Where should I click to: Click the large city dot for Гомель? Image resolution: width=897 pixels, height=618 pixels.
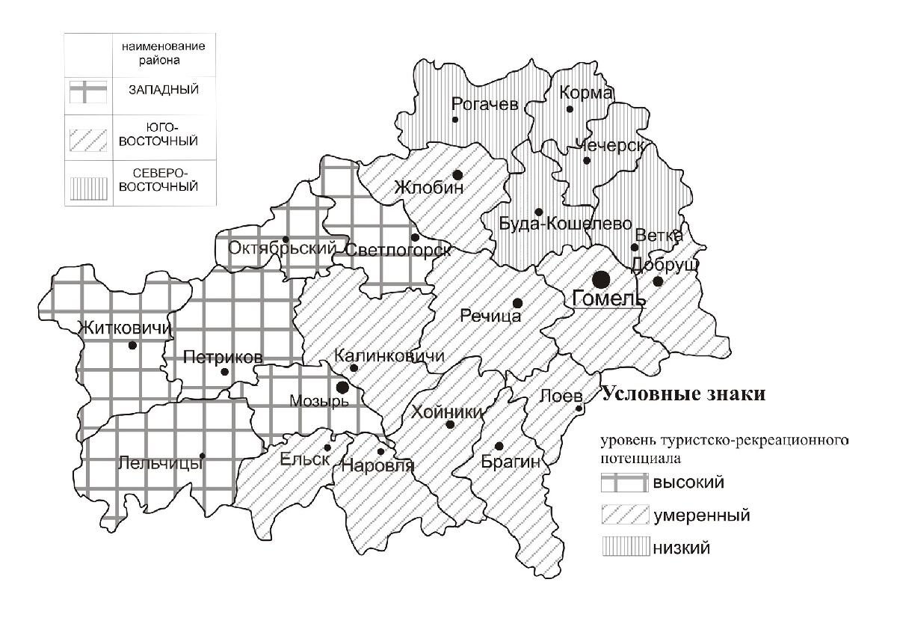coord(600,280)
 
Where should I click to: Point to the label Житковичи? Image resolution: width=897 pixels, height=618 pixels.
coord(124,328)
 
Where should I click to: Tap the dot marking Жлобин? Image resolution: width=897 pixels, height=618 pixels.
coord(457,174)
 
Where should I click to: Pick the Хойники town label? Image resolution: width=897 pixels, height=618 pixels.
coord(447,412)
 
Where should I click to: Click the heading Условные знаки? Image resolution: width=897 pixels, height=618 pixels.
coord(684,395)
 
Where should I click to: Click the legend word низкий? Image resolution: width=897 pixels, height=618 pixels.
coord(681,548)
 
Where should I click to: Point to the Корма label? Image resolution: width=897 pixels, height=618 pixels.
coord(586,94)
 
